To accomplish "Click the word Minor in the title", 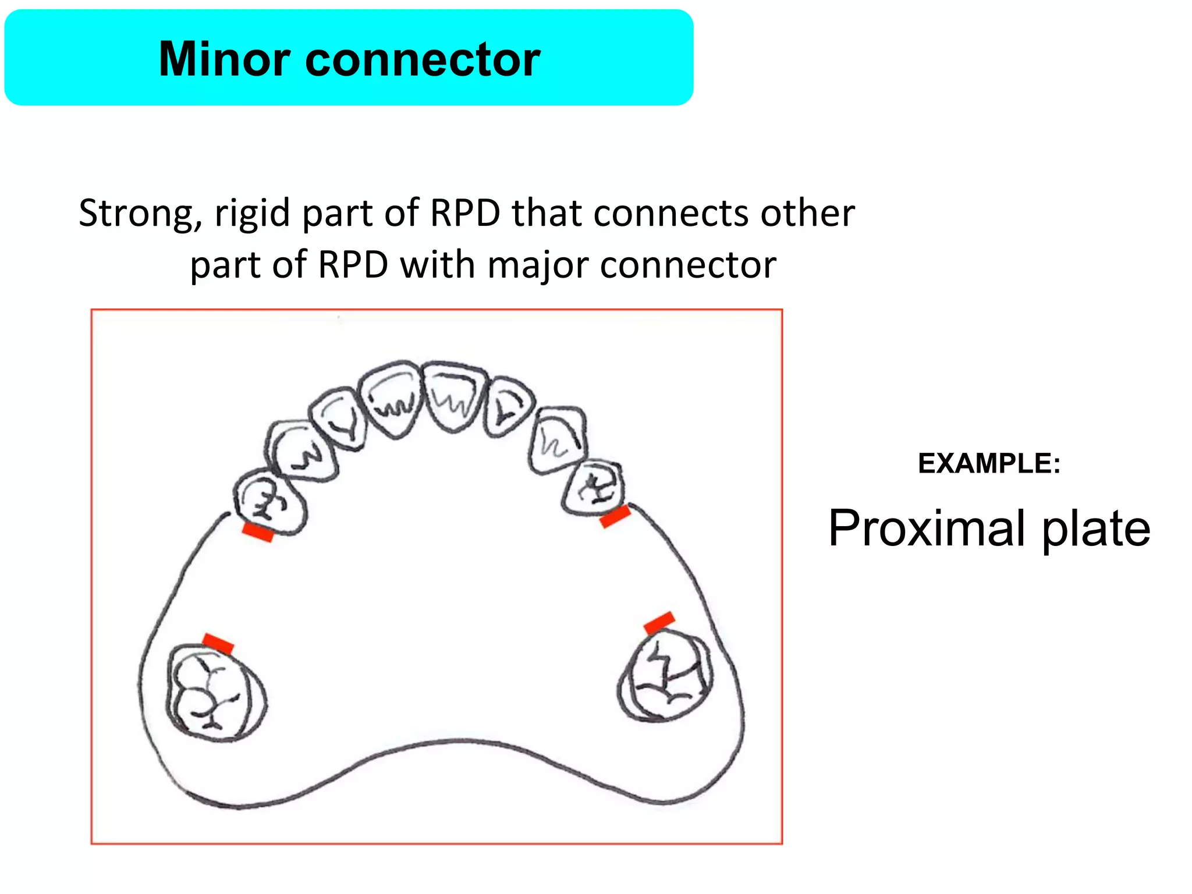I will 225,59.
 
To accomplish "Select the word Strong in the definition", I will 140,213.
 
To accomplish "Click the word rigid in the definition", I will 252,214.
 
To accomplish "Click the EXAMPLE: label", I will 989,464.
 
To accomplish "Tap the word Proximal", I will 927,528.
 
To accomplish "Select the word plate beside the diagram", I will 1095,529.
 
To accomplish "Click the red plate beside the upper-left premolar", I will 258,532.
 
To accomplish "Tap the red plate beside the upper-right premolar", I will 615,516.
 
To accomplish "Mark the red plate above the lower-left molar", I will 218,643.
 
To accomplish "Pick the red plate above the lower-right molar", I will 659,622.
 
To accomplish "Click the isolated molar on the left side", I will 215,693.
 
